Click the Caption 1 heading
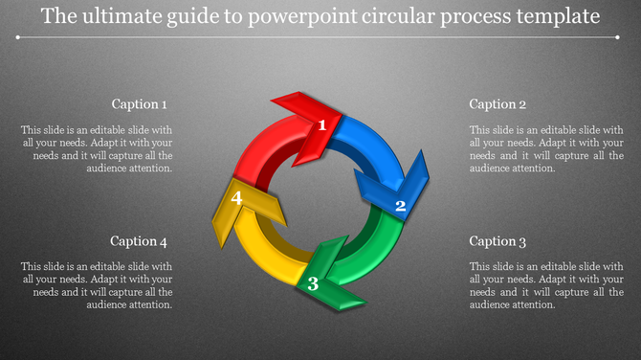coord(140,104)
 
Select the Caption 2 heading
coord(497,104)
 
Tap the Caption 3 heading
coord(497,241)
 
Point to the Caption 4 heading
coord(140,241)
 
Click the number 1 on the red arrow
coord(323,124)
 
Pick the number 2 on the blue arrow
coord(401,205)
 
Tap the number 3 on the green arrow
coord(312,283)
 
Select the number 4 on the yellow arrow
coord(236,198)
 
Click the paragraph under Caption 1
coord(97,148)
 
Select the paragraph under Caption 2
coord(546,148)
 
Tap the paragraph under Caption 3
coord(546,285)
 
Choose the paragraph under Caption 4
coord(97,285)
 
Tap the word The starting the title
coord(60,17)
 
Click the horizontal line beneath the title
coord(320,38)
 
